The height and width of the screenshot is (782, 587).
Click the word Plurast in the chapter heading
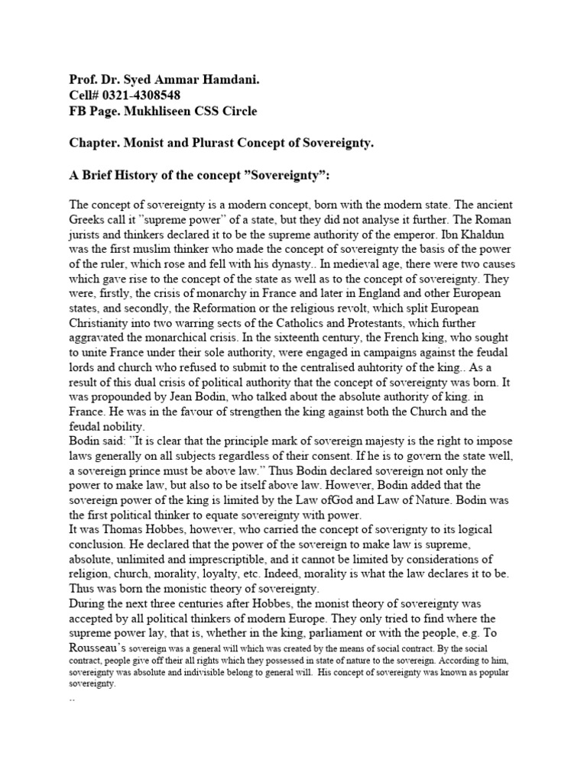216,144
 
